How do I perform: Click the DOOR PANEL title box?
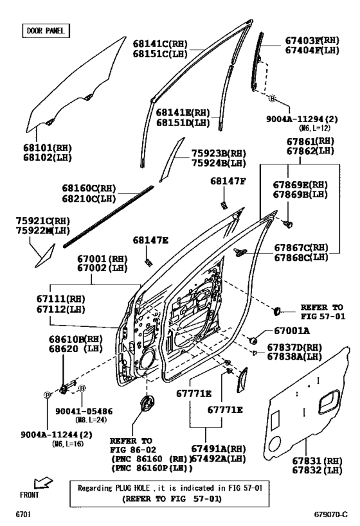[x=46, y=31]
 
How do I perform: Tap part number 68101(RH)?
[x=48, y=148]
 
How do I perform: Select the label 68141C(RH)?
[x=160, y=44]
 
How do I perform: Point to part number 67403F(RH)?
[x=312, y=40]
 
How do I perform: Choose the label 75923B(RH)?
[x=219, y=153]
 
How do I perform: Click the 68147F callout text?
[x=228, y=181]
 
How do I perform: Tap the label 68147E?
[x=150, y=240]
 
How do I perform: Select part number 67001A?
[x=292, y=331]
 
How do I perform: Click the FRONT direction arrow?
[x=43, y=483]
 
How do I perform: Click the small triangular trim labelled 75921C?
[x=45, y=256]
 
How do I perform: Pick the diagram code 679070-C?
[x=330, y=514]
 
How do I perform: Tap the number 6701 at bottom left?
[x=23, y=514]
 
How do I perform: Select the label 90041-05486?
[x=84, y=411]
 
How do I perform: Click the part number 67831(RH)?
[x=317, y=461]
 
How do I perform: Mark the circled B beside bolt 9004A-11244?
[x=48, y=395]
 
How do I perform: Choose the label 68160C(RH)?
[x=89, y=188]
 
